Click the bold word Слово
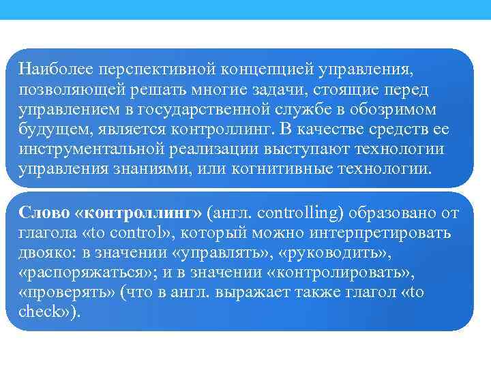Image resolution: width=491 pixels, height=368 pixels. [x=40, y=213]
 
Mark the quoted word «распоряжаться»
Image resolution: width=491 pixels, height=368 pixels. [x=76, y=273]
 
